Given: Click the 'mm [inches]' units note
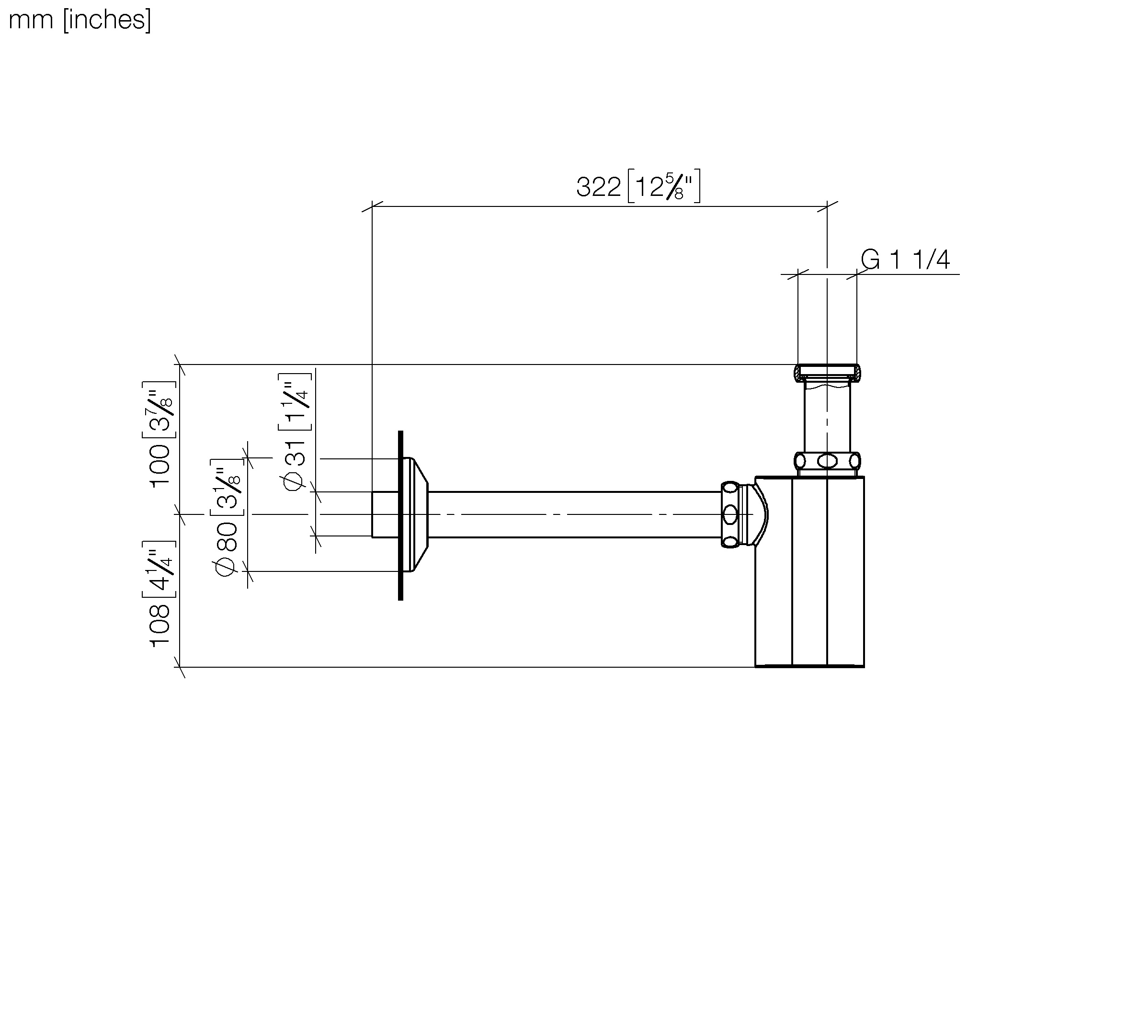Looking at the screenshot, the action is [x=80, y=20].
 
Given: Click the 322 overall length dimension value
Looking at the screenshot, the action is [x=598, y=187].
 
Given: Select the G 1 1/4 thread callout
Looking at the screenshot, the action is [x=905, y=260].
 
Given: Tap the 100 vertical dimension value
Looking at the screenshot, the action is [x=160, y=466].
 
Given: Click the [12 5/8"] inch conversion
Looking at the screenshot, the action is [x=664, y=186].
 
